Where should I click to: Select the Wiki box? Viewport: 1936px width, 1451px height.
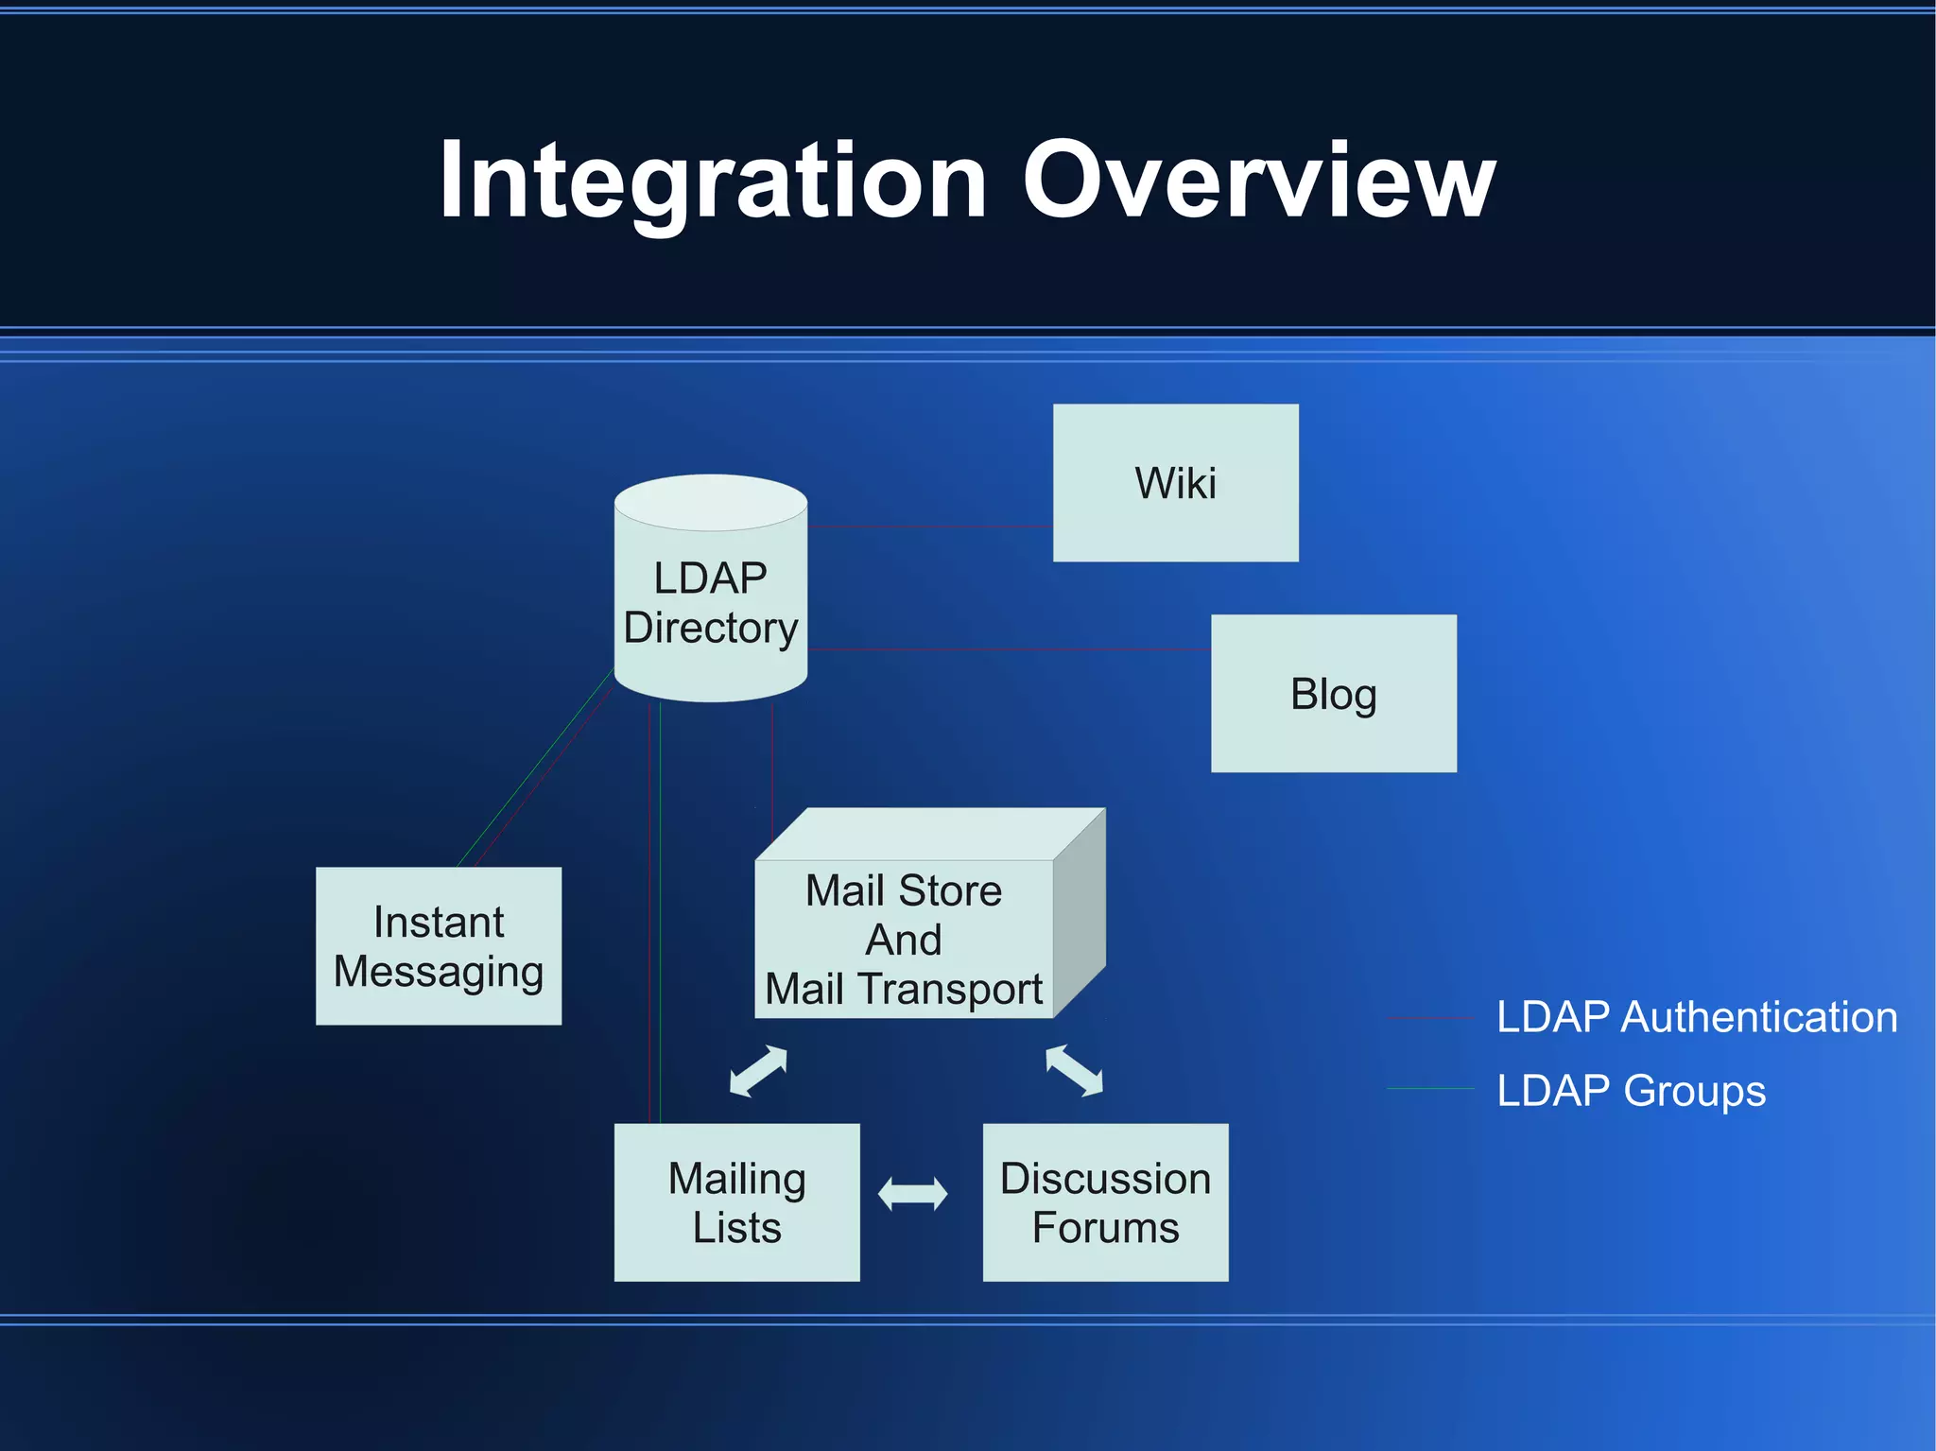1175,483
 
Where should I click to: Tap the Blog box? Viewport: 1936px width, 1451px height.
1333,694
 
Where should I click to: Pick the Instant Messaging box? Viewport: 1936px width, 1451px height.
438,946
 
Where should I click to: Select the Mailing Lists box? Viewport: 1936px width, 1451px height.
736,1202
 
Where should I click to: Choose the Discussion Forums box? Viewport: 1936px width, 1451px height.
1105,1202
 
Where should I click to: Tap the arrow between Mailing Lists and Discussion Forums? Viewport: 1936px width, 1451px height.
912,1194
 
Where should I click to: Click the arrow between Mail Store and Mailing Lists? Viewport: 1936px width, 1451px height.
758,1071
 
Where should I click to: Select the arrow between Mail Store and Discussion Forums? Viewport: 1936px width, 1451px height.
1074,1071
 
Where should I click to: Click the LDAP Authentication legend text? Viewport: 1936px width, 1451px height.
1697,1017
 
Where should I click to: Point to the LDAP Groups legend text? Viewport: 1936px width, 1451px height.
1631,1090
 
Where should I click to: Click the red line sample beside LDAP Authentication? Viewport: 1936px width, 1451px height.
1430,1018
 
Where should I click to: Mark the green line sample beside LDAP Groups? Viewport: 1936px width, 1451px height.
1430,1089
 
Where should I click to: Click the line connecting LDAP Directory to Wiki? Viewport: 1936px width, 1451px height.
931,527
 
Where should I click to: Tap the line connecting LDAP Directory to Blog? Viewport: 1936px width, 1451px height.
1010,649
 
